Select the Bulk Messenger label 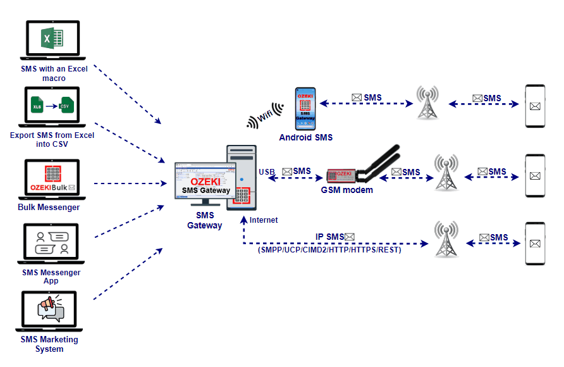click(x=49, y=207)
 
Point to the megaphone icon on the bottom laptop click(x=49, y=308)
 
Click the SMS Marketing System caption click(x=49, y=344)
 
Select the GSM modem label click(x=346, y=190)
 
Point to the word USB click(x=266, y=171)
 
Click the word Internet click(x=263, y=220)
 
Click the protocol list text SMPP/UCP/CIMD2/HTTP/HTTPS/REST click(x=329, y=250)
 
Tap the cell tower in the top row click(x=428, y=103)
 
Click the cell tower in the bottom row click(x=446, y=239)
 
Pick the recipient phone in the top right click(x=536, y=106)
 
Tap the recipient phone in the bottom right click(x=536, y=244)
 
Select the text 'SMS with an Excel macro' click(x=54, y=73)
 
